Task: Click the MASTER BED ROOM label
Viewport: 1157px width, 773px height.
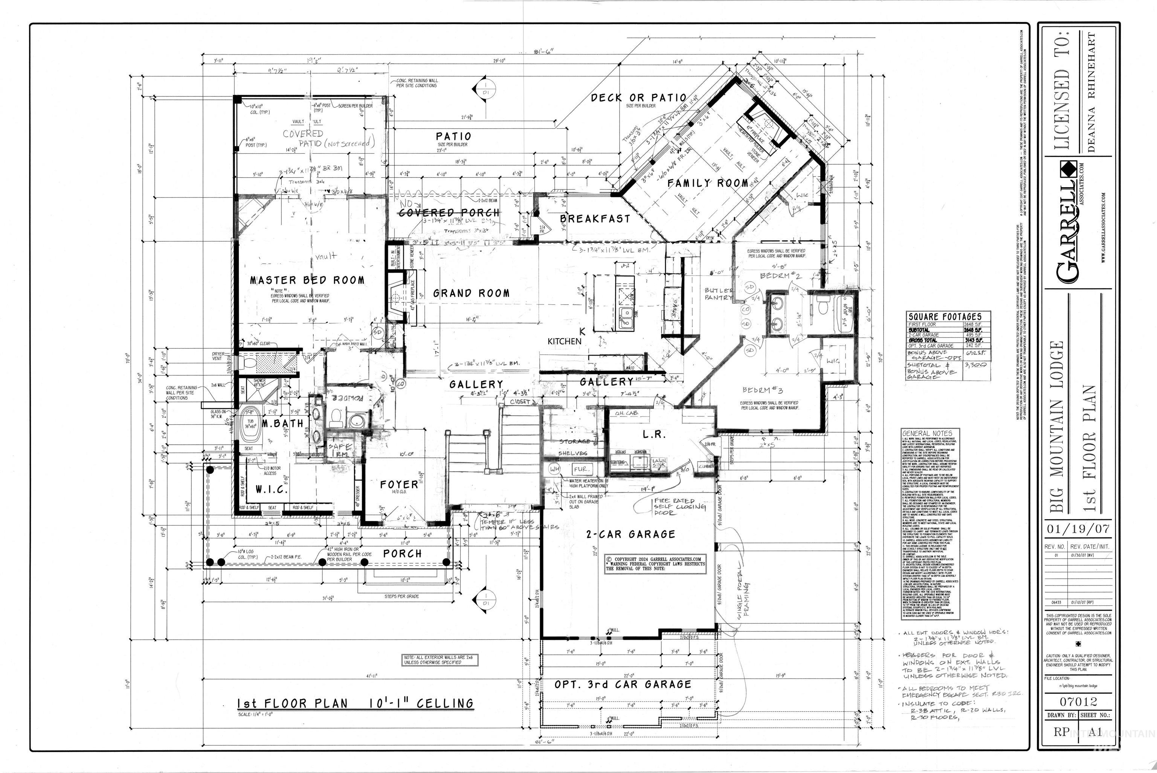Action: (x=307, y=280)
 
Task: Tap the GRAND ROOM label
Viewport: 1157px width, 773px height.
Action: (x=471, y=293)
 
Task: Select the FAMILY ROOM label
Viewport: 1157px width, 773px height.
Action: (x=708, y=183)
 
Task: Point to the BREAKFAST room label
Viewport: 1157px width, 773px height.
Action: (x=595, y=218)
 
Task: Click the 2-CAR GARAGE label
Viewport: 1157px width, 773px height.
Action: (x=630, y=534)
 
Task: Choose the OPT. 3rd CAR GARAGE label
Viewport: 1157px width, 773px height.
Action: (x=623, y=684)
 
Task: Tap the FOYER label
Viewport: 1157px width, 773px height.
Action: (x=399, y=485)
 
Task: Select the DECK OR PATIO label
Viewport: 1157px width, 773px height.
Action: (x=638, y=98)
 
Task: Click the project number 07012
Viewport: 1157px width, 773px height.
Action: (x=1078, y=701)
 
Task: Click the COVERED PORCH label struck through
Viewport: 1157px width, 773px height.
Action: (x=449, y=212)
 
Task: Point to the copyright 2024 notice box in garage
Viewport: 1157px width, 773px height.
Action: (x=656, y=564)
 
